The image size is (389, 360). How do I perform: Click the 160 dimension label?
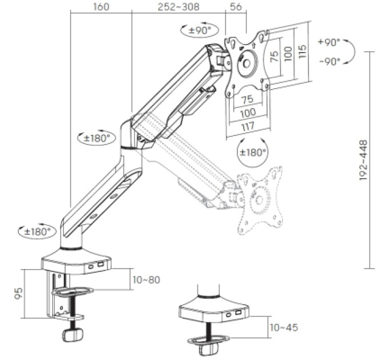click(101, 7)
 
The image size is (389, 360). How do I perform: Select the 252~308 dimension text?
click(178, 7)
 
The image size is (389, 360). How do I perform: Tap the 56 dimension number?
click(236, 7)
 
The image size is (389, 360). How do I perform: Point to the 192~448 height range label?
click(363, 160)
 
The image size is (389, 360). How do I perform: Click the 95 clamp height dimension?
click(19, 293)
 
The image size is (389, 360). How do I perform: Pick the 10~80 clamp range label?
click(146, 280)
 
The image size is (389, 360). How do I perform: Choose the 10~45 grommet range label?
click(284, 327)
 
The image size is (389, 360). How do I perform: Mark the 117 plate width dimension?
click(248, 126)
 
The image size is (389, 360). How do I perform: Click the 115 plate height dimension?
click(302, 51)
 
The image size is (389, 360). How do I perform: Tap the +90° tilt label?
click(329, 42)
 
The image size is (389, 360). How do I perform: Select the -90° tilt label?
click(330, 61)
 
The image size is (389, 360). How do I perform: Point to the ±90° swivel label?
click(200, 30)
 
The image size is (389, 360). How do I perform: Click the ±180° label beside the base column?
click(37, 232)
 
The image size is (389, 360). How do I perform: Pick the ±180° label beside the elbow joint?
click(97, 138)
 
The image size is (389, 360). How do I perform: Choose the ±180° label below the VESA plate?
click(253, 152)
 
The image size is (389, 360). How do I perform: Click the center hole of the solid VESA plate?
click(247, 64)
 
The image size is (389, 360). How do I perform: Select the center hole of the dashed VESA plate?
click(259, 199)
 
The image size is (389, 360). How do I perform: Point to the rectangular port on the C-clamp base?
click(100, 265)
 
